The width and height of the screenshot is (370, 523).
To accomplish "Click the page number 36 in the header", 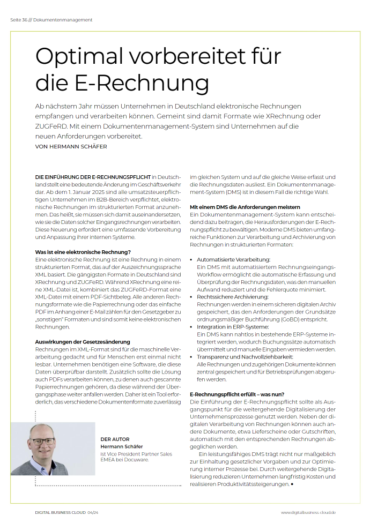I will (24, 20).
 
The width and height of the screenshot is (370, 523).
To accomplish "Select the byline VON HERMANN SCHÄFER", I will (71, 146).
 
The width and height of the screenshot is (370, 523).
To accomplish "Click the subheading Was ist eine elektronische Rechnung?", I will (83, 251).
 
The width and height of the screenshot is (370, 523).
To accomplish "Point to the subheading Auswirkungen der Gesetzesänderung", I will (83, 341).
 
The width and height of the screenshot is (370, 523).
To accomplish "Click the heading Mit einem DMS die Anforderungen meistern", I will (245, 207).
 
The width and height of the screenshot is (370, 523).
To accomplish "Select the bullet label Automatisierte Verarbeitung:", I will (233, 259).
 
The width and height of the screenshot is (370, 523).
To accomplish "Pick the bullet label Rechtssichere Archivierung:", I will (232, 296).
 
